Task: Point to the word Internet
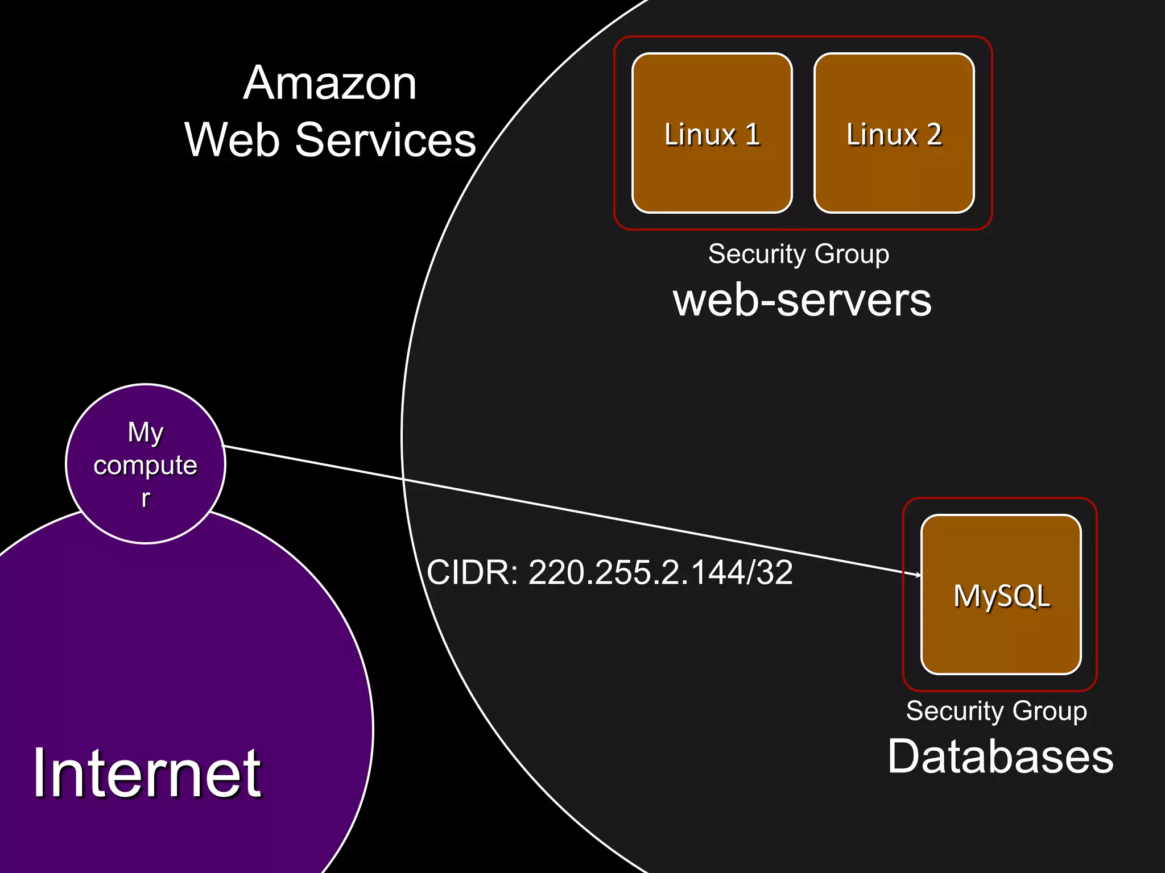147,773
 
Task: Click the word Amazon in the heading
330,84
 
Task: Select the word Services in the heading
385,140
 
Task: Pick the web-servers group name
802,300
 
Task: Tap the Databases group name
1000,756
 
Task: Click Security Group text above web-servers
799,253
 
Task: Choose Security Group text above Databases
996,710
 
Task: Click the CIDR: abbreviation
472,572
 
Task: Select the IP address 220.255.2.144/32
660,572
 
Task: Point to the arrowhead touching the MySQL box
918,575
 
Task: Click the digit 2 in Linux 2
933,135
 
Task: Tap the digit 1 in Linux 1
753,135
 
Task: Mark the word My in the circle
146,433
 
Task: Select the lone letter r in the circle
146,498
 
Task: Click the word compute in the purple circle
146,465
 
